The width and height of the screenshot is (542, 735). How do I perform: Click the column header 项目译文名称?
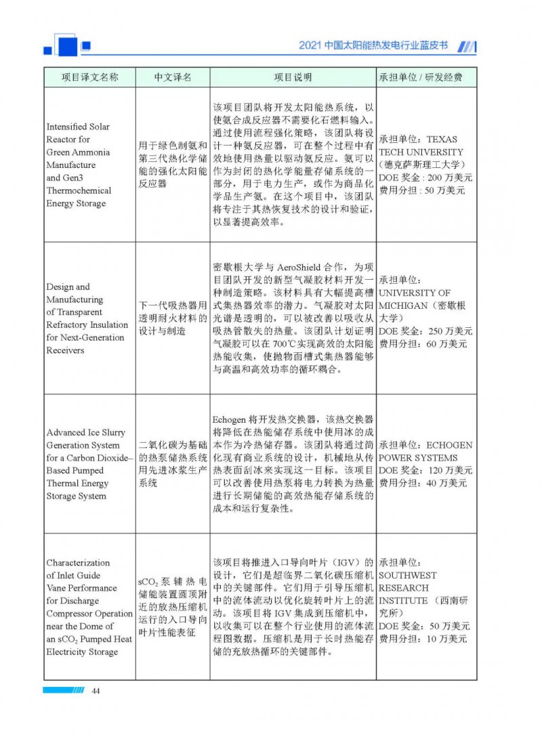[89, 77]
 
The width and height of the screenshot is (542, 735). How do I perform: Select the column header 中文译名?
[173, 77]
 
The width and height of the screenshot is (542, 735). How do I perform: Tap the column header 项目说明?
[293, 77]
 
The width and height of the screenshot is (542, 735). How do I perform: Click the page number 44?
[96, 690]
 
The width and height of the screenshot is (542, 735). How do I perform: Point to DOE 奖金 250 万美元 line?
[425, 331]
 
